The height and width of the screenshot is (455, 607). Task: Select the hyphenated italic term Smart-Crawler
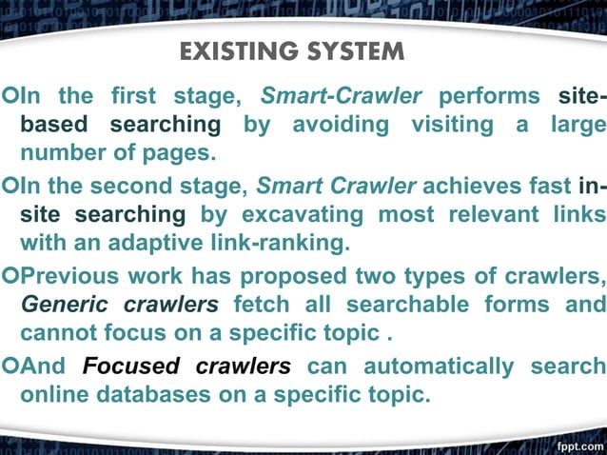click(341, 96)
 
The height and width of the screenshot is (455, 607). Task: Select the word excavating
click(296, 215)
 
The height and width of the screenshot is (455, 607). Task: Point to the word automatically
click(439, 366)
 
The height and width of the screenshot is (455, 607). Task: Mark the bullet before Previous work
click(9, 278)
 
